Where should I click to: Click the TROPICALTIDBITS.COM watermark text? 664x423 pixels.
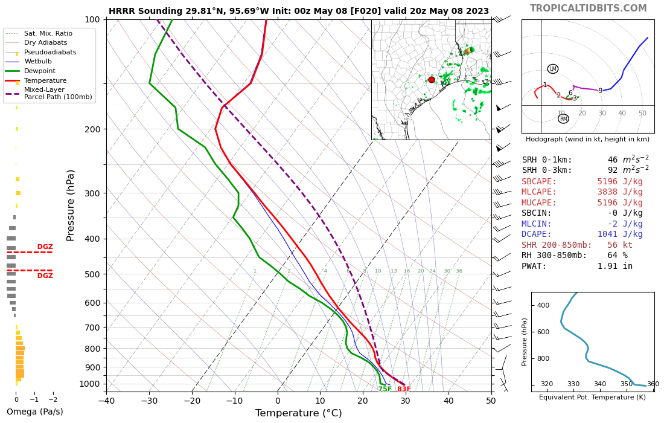588,8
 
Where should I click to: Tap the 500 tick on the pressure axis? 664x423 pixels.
92,274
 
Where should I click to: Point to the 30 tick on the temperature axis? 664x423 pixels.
406,400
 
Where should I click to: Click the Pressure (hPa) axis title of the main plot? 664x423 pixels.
71,205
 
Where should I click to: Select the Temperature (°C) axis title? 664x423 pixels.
298,413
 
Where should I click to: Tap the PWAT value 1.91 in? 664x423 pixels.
615,266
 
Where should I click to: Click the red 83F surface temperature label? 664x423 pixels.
404,389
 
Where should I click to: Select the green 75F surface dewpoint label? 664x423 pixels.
385,389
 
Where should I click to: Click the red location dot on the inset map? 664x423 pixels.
431,80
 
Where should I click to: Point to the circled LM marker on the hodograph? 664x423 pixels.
553,69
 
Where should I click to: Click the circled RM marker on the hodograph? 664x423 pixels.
563,119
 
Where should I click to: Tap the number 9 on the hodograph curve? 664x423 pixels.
600,91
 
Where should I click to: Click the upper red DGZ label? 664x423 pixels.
45,247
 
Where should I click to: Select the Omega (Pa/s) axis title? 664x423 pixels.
34,412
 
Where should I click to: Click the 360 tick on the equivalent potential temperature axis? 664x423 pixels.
653,384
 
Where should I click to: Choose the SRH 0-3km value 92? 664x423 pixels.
613,170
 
